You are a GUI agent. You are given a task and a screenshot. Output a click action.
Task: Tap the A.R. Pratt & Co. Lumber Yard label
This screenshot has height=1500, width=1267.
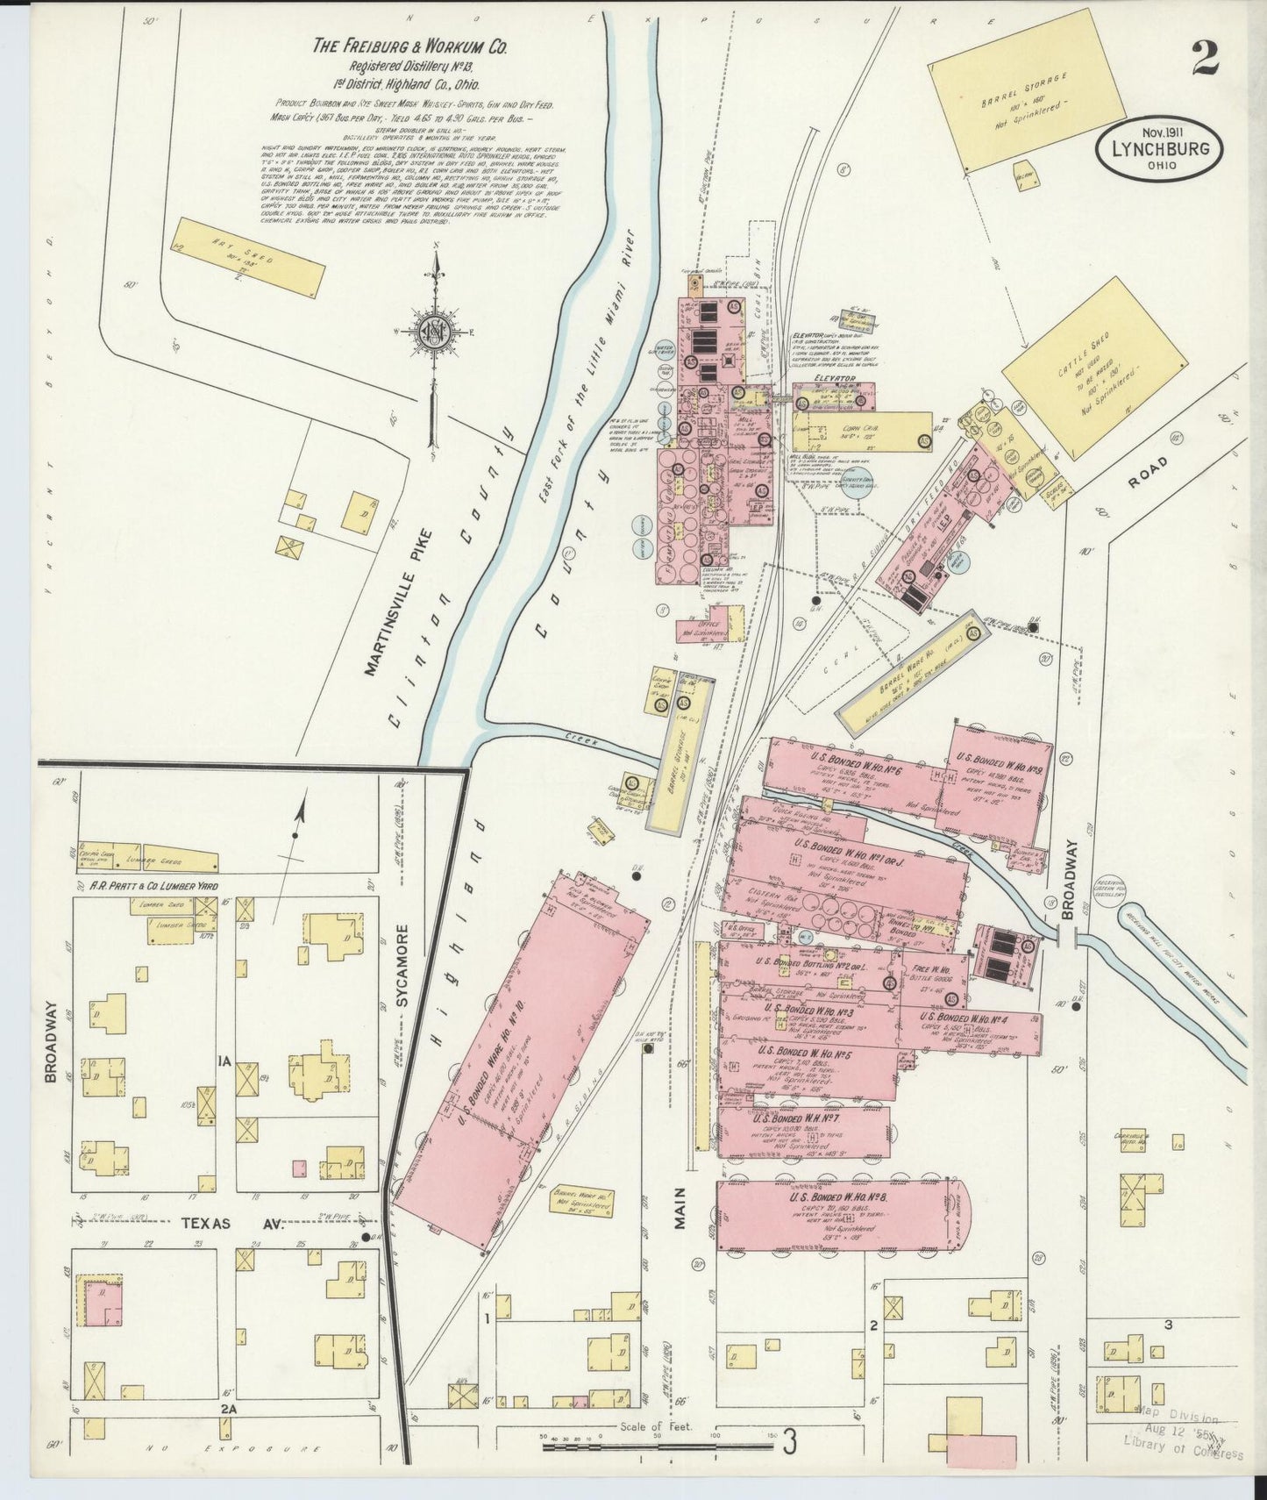[154, 887]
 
